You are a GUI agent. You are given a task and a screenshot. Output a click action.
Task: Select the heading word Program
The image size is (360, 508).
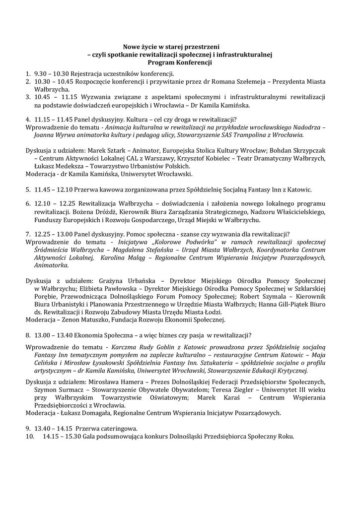[x=160, y=63]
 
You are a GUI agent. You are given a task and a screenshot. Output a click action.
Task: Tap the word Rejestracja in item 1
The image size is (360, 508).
[x=85, y=73]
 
